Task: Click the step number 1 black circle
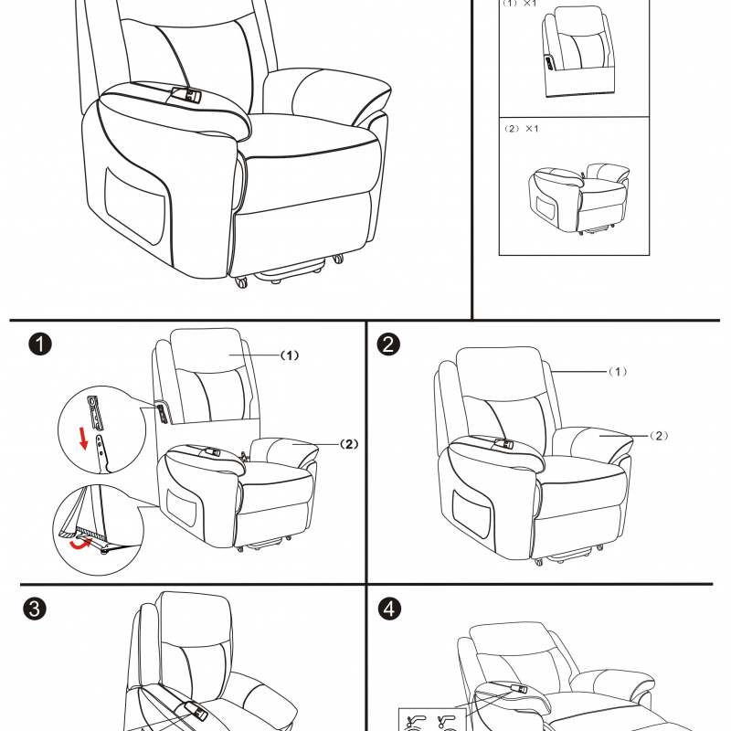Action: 40,344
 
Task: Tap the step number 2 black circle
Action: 388,344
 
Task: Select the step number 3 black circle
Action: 35,609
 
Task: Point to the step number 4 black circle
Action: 389,609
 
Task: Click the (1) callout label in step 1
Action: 290,355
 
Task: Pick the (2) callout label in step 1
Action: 349,444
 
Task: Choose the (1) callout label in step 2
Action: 618,372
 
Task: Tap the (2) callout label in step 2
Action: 658,436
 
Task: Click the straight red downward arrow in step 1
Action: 83,438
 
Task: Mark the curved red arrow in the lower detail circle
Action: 80,544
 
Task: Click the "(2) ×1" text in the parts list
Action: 522,129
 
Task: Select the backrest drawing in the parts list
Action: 578,51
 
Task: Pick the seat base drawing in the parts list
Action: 579,198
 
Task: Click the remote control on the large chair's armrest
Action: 186,95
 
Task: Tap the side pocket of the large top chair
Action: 135,205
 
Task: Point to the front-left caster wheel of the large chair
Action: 241,281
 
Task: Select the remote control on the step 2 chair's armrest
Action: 504,443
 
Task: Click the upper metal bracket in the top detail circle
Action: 96,413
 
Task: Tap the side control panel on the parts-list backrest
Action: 549,63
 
